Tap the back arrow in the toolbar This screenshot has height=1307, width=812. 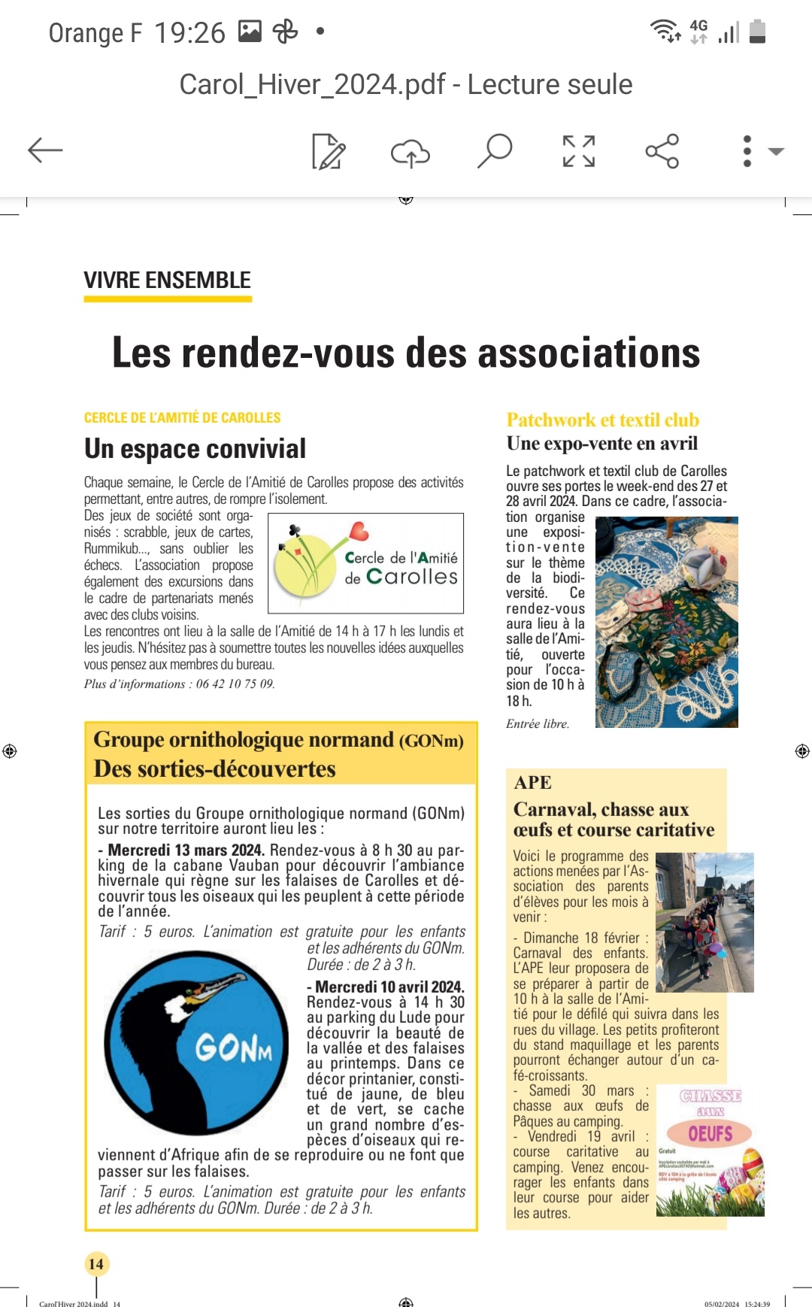point(45,150)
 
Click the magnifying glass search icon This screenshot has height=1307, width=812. point(495,150)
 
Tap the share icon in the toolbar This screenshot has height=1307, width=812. point(662,151)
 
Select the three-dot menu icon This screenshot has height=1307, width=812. point(747,151)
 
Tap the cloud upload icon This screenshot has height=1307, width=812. point(410,152)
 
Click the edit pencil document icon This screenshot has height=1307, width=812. point(328,151)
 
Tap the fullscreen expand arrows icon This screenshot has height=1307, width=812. point(579,151)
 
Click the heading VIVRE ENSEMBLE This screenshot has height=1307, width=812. point(167,281)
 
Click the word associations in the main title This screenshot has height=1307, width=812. point(589,353)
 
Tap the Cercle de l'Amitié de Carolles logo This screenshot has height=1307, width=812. point(365,563)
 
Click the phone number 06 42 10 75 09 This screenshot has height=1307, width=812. point(235,684)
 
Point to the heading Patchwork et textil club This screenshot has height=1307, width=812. point(602,420)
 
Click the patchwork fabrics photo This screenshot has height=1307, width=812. point(666,622)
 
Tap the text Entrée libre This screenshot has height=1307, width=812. point(538,723)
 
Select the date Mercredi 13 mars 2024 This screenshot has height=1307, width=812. point(185,850)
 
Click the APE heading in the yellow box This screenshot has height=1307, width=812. point(533,782)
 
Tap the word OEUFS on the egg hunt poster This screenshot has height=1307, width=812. point(710,1133)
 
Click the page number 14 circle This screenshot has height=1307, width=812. point(96,1263)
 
